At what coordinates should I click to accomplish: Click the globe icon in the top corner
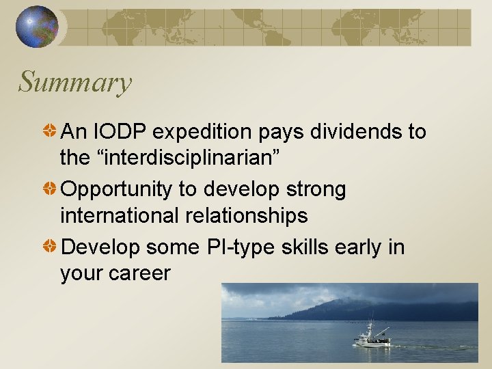click(37, 27)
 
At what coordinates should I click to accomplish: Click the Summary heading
click(74, 83)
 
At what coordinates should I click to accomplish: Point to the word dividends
click(353, 131)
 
